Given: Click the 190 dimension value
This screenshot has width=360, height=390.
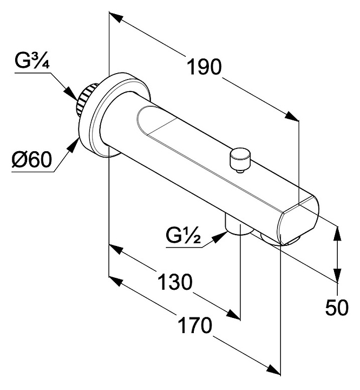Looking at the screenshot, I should [x=205, y=67].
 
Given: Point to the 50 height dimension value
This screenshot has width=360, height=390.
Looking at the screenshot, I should [x=337, y=308].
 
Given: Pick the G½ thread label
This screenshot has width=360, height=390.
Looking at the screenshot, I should [x=184, y=236].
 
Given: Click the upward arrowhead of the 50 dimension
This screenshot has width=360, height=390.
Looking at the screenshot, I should [x=338, y=230].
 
